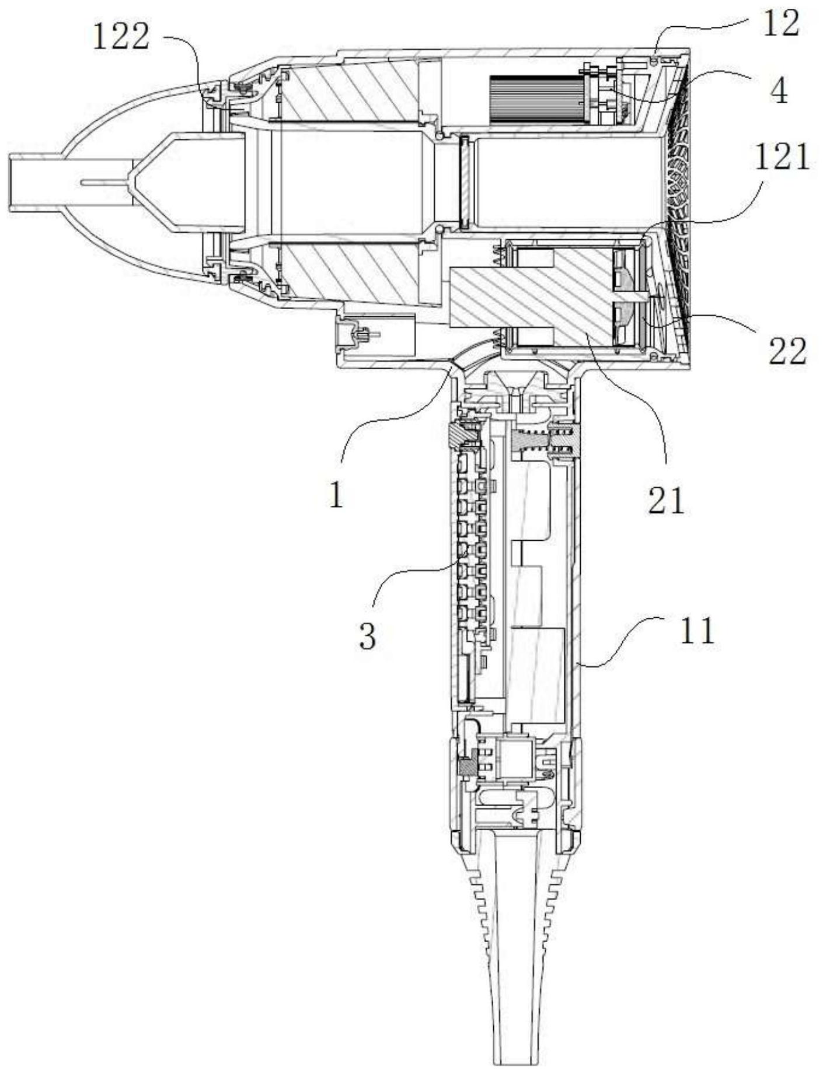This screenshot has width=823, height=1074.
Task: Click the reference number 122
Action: (121, 39)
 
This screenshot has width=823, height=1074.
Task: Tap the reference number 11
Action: (698, 631)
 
